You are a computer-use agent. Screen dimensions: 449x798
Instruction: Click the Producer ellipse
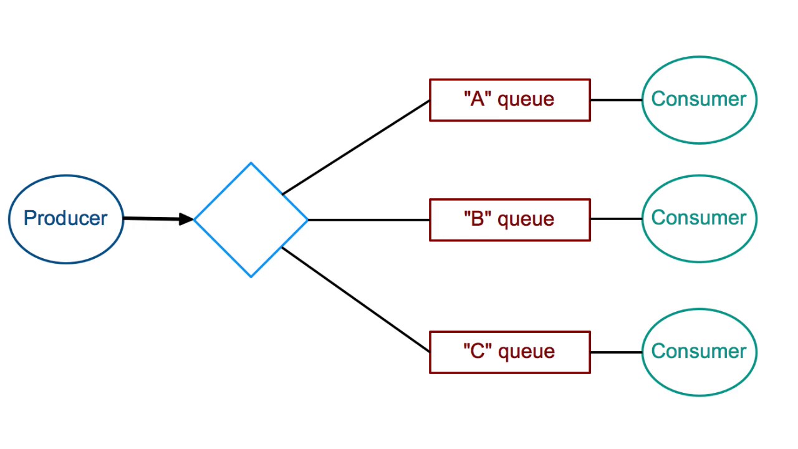66,219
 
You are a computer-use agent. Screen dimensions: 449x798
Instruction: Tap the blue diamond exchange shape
251,220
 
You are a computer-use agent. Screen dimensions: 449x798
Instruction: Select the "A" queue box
509,100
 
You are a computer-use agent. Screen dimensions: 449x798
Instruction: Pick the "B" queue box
509,220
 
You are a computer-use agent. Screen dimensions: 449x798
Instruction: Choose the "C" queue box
509,352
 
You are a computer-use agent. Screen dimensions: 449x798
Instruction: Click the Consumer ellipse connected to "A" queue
699,100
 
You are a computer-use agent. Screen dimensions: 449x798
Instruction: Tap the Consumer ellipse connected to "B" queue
699,219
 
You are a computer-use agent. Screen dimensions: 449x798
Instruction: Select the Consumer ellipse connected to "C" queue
699,352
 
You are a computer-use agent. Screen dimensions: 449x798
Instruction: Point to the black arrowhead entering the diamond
186,219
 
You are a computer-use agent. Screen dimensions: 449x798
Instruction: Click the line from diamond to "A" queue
355,147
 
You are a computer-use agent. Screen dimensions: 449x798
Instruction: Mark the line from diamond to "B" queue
368,220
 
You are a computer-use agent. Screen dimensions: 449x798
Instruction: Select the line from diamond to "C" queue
355,299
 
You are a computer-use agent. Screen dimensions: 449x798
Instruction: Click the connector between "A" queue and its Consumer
616,100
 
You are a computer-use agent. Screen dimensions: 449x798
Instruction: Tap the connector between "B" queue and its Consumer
616,219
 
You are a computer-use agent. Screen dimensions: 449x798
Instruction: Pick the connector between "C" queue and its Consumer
616,352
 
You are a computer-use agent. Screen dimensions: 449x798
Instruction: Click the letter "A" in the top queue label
478,99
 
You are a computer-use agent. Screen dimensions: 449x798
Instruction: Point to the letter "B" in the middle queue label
478,219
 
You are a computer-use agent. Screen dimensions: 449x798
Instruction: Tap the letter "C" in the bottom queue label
478,352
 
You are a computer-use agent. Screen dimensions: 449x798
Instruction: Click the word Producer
65,218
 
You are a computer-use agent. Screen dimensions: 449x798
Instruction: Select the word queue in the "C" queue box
526,352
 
